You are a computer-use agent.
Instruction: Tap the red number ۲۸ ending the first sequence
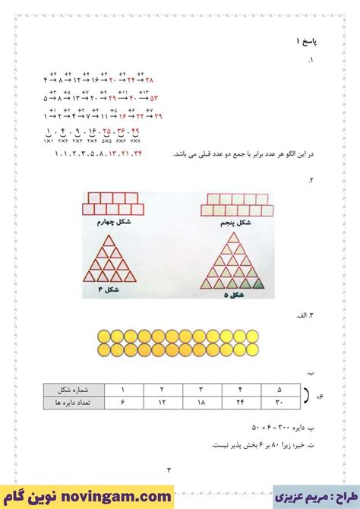pyautogui.click(x=150, y=80)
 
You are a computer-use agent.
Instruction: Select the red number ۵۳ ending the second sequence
pyautogui.click(x=154, y=98)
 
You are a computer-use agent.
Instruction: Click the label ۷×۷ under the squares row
pyautogui.click(x=135, y=141)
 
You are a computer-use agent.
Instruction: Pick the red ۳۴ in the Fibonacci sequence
pyautogui.click(x=137, y=155)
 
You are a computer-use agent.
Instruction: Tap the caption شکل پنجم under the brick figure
pyautogui.click(x=238, y=223)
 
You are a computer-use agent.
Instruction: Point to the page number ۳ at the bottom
pyautogui.click(x=170, y=469)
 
